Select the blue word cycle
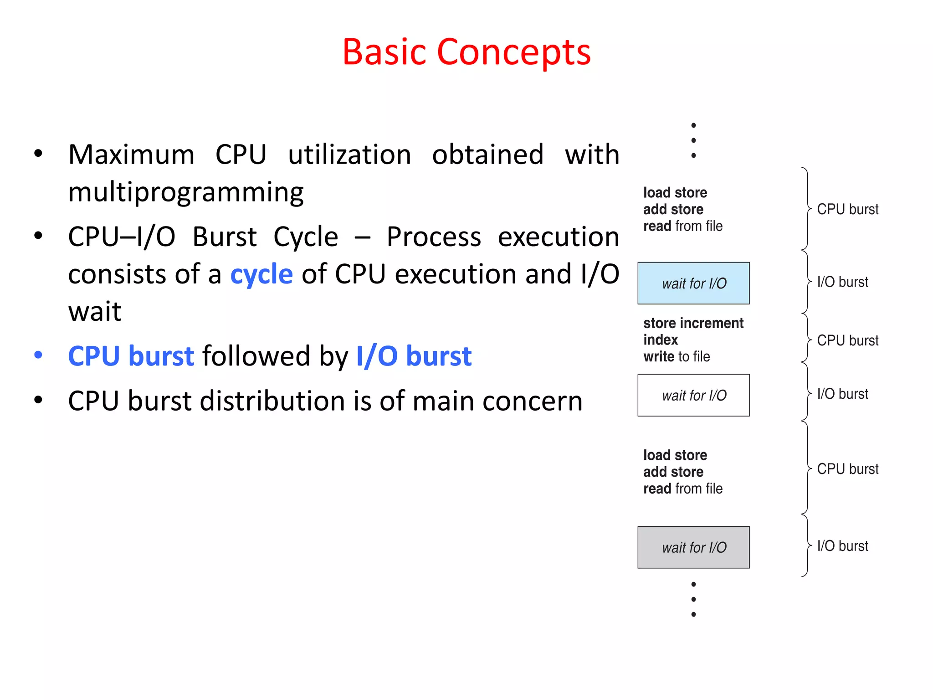pyautogui.click(x=261, y=274)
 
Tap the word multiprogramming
pyautogui.click(x=186, y=192)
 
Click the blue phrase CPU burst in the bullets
pyautogui.click(x=131, y=356)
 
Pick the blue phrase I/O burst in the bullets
pyautogui.click(x=414, y=356)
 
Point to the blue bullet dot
pyautogui.click(x=38, y=355)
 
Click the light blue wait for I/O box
pyautogui.click(x=693, y=283)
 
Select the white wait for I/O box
pyautogui.click(x=693, y=395)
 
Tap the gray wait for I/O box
pyautogui.click(x=693, y=547)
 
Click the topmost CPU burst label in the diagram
pyautogui.click(x=847, y=209)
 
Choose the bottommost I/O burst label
pyautogui.click(x=842, y=546)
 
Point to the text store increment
pyautogui.click(x=693, y=323)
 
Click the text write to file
pyautogui.click(x=677, y=356)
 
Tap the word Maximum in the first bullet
pyautogui.click(x=131, y=154)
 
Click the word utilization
pyautogui.click(x=349, y=154)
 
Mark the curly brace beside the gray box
pyautogui.click(x=807, y=546)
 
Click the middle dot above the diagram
pyautogui.click(x=693, y=140)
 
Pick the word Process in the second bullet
pyautogui.click(x=433, y=237)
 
